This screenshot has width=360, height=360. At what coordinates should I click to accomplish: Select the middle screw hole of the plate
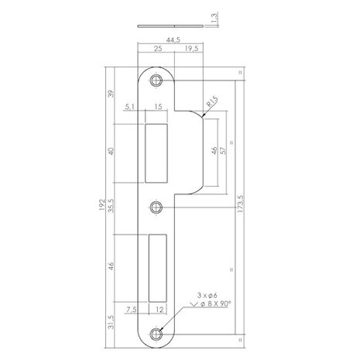click(158, 207)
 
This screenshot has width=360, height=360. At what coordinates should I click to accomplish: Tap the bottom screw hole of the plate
click(158, 334)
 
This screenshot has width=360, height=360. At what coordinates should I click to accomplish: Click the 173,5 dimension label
click(242, 207)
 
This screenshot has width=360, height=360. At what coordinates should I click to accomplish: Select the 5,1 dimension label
click(129, 109)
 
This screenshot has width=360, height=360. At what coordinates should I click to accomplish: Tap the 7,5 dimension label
click(134, 310)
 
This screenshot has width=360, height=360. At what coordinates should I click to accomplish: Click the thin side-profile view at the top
click(170, 23)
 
